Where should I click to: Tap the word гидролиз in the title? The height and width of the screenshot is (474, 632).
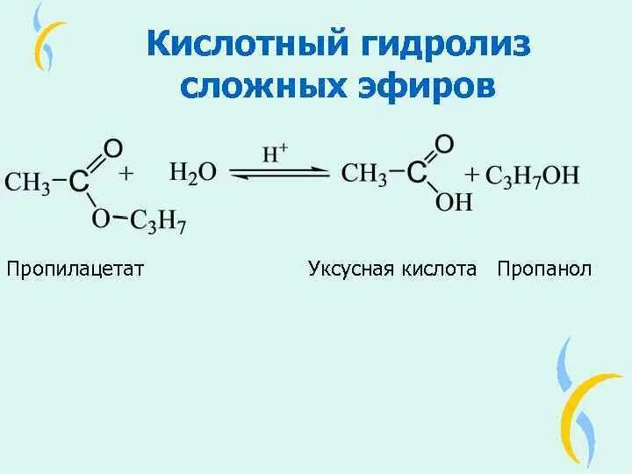click(x=436, y=44)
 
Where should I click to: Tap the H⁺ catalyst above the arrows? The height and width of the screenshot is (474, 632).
click(x=276, y=154)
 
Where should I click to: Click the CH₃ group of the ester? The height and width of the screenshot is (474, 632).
click(x=26, y=183)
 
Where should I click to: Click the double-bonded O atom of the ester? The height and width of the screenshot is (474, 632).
click(x=112, y=148)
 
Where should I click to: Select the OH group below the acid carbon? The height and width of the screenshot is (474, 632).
click(x=454, y=203)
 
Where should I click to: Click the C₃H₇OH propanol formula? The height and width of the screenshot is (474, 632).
click(x=532, y=176)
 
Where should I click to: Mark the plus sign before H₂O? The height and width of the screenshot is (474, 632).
click(x=126, y=174)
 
